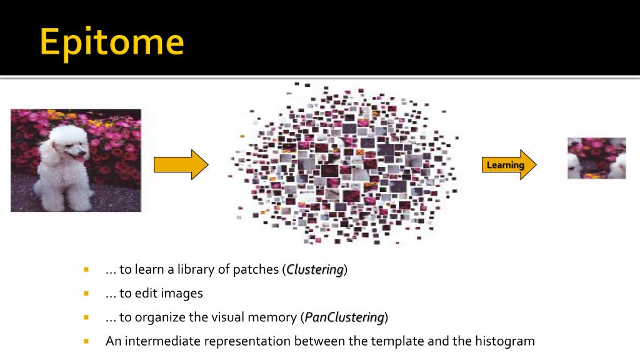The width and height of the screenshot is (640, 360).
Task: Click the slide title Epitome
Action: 112,43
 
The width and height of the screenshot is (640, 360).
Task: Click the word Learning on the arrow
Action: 505,165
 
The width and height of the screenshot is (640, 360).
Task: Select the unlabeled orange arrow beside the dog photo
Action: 180,165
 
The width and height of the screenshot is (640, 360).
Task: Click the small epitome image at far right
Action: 596,158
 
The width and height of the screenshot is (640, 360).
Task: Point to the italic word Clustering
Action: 315,270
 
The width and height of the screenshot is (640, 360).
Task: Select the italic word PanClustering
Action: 344,317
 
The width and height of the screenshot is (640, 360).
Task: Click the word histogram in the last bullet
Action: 505,341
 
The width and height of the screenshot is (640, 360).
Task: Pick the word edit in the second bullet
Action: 147,293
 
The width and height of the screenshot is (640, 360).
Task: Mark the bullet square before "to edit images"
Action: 86,293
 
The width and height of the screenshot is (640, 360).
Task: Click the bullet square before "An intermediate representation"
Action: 86,341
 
